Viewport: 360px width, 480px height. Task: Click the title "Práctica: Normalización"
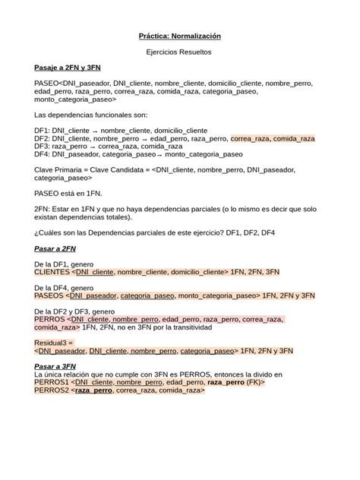[x=179, y=36]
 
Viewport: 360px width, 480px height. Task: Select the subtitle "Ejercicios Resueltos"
[x=179, y=52]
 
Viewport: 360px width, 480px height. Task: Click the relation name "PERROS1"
[x=52, y=383]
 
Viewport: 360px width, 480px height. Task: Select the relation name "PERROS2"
[x=52, y=390]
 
